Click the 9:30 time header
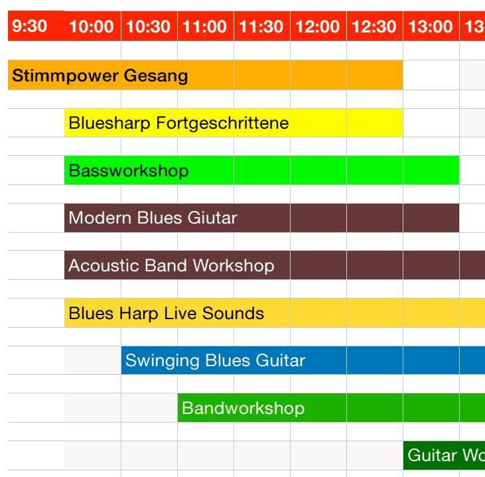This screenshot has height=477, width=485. [x=30, y=27]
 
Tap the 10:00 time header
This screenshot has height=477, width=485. [x=92, y=27]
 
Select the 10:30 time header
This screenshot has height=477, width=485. [x=148, y=27]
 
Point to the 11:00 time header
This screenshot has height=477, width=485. [x=204, y=27]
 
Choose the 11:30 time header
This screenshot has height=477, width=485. [x=261, y=27]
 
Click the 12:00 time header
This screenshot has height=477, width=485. [x=317, y=27]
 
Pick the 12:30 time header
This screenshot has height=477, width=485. [x=374, y=27]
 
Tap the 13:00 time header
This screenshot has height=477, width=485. [x=431, y=27]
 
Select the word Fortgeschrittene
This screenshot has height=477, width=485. [x=222, y=123]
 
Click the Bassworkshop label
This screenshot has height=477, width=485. [x=129, y=171]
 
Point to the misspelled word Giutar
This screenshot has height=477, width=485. [x=213, y=218]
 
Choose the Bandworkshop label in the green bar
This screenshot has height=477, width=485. [x=243, y=409]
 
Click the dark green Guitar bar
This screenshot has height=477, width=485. [x=443, y=456]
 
